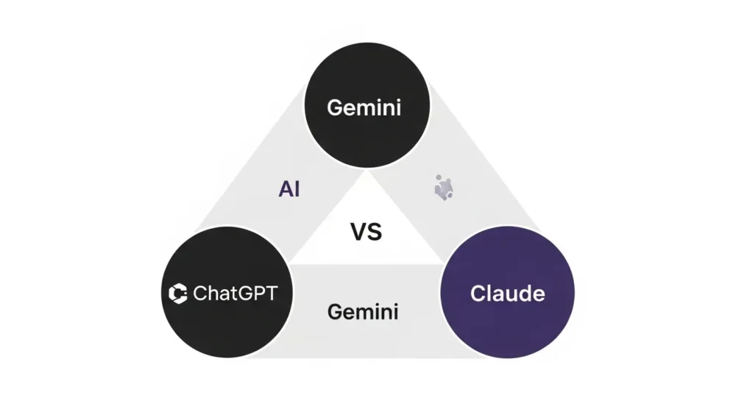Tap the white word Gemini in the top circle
(x=364, y=107)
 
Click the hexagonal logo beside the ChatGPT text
(x=178, y=294)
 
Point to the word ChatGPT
(x=235, y=294)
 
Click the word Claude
(x=507, y=294)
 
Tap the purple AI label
(x=289, y=189)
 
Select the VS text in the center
(x=365, y=233)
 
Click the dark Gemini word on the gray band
(x=363, y=312)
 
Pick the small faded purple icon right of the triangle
(x=442, y=188)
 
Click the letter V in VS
(x=357, y=233)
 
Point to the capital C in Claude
(x=478, y=294)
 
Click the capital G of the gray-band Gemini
(x=335, y=312)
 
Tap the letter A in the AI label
(x=285, y=189)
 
